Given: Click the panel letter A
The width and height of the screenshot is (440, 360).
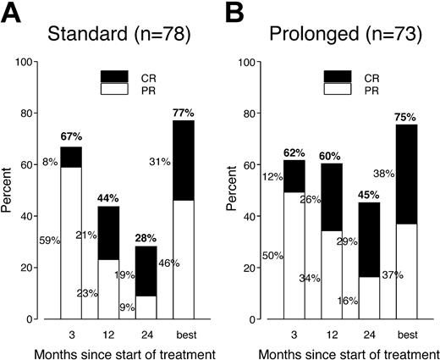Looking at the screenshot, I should click(x=11, y=13).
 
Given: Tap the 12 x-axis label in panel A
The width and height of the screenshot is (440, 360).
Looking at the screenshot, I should click(x=107, y=331).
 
